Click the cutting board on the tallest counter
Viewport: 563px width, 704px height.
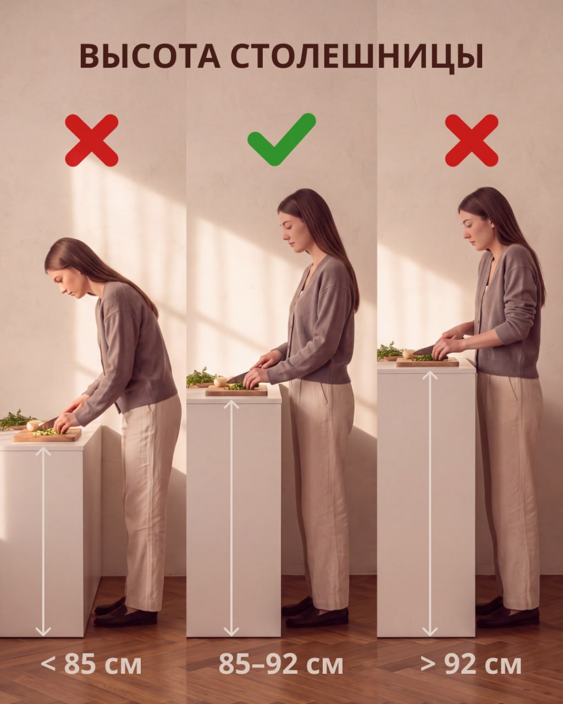pos(427,361)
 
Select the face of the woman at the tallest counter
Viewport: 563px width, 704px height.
pos(471,232)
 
